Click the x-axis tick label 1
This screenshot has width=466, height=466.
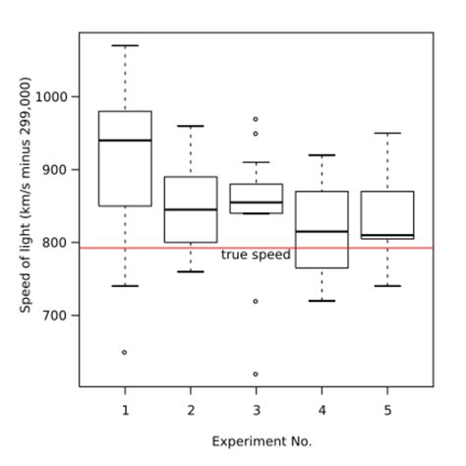(125, 409)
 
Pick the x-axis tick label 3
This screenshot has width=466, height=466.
(256, 409)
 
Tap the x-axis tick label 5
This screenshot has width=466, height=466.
(387, 409)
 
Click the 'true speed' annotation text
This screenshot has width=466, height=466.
(256, 255)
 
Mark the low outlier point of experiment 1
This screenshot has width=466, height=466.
(125, 352)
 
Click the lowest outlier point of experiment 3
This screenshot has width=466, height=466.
(256, 374)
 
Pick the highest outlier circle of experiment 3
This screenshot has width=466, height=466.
(256, 119)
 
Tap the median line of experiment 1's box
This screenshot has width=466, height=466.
(125, 141)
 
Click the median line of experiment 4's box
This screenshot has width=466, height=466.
(321, 231)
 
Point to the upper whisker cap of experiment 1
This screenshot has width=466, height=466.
(125, 45)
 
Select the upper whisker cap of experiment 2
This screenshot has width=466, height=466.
(191, 126)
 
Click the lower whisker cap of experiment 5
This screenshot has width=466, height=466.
(387, 286)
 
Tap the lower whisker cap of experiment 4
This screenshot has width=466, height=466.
(321, 301)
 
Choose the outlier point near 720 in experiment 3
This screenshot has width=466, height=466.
(256, 301)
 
